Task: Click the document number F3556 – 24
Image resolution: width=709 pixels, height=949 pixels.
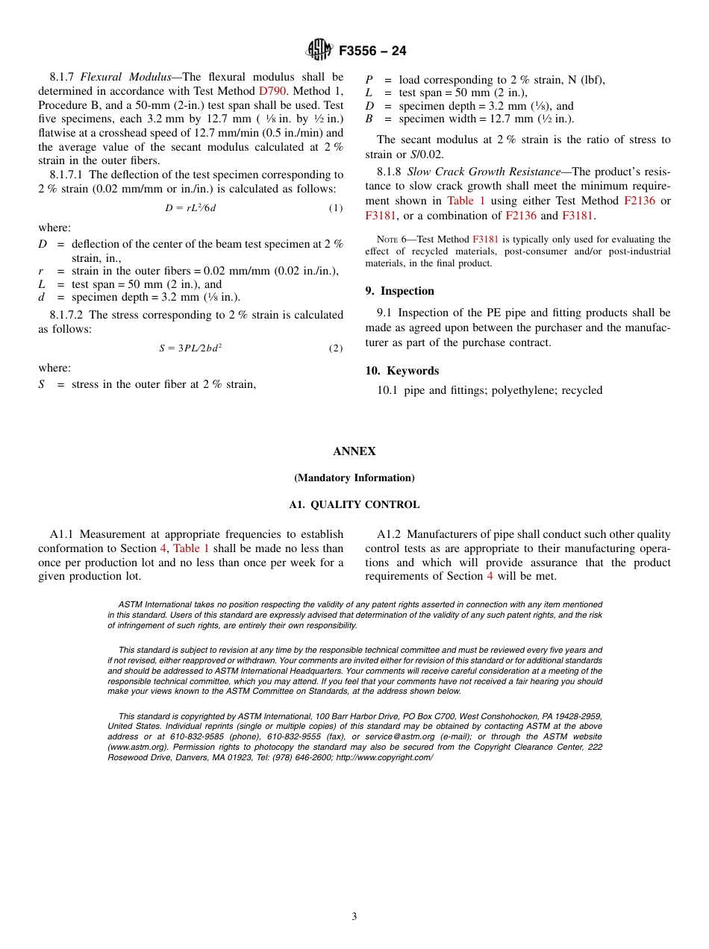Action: tap(372, 51)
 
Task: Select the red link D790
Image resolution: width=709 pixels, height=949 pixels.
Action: tap(272, 91)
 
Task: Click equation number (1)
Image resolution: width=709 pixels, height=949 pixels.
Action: tap(336, 208)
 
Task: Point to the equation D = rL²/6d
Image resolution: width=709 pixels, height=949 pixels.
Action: tap(190, 208)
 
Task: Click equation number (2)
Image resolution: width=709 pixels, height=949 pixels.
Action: tap(336, 348)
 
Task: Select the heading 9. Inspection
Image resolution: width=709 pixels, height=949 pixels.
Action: tap(399, 291)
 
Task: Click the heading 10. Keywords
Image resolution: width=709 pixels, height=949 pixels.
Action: tap(402, 371)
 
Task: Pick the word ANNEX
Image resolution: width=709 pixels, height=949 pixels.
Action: tap(354, 451)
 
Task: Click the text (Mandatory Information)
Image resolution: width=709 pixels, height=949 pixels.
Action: tap(354, 478)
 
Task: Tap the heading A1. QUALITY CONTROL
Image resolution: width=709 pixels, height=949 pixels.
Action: tap(354, 505)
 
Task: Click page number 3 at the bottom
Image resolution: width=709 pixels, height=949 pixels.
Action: tap(354, 917)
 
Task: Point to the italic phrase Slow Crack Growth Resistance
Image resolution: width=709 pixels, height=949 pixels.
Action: tap(484, 172)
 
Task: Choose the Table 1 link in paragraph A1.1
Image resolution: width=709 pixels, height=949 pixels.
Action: tap(191, 548)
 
